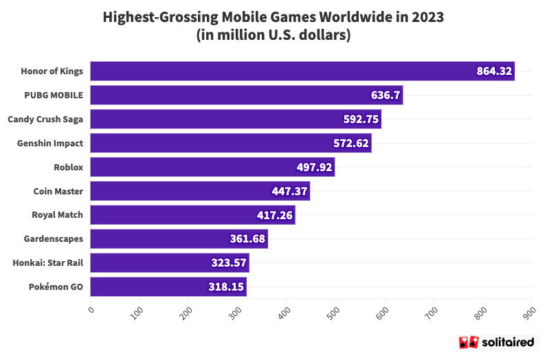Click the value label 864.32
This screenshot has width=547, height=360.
(x=495, y=71)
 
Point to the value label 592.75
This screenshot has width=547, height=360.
(x=361, y=120)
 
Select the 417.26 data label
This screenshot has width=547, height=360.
(x=275, y=215)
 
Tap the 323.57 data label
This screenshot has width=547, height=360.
(x=229, y=263)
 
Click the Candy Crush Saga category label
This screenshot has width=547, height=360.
(x=45, y=120)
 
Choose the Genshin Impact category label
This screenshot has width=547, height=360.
(x=49, y=143)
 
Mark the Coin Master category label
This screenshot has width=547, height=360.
(x=58, y=191)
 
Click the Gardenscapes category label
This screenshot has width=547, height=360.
(x=53, y=239)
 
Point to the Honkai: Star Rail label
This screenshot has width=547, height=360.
(x=47, y=263)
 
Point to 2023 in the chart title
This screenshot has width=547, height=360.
(x=427, y=17)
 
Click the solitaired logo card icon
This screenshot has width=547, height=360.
(x=467, y=342)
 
